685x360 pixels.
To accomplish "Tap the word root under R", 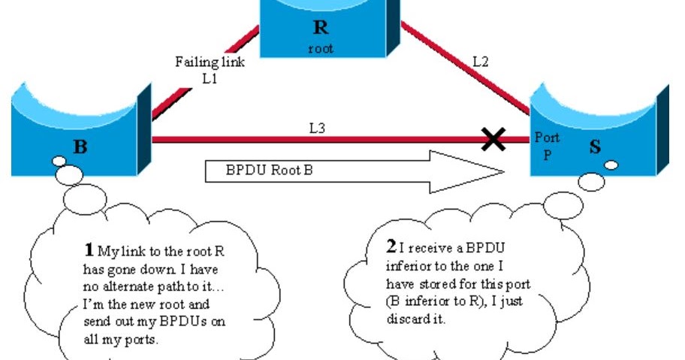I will [320, 50].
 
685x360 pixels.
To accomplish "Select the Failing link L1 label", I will [210, 69].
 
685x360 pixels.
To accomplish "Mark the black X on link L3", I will [493, 139].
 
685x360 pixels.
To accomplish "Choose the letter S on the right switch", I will [595, 147].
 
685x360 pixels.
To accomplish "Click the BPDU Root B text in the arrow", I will [269, 170].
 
